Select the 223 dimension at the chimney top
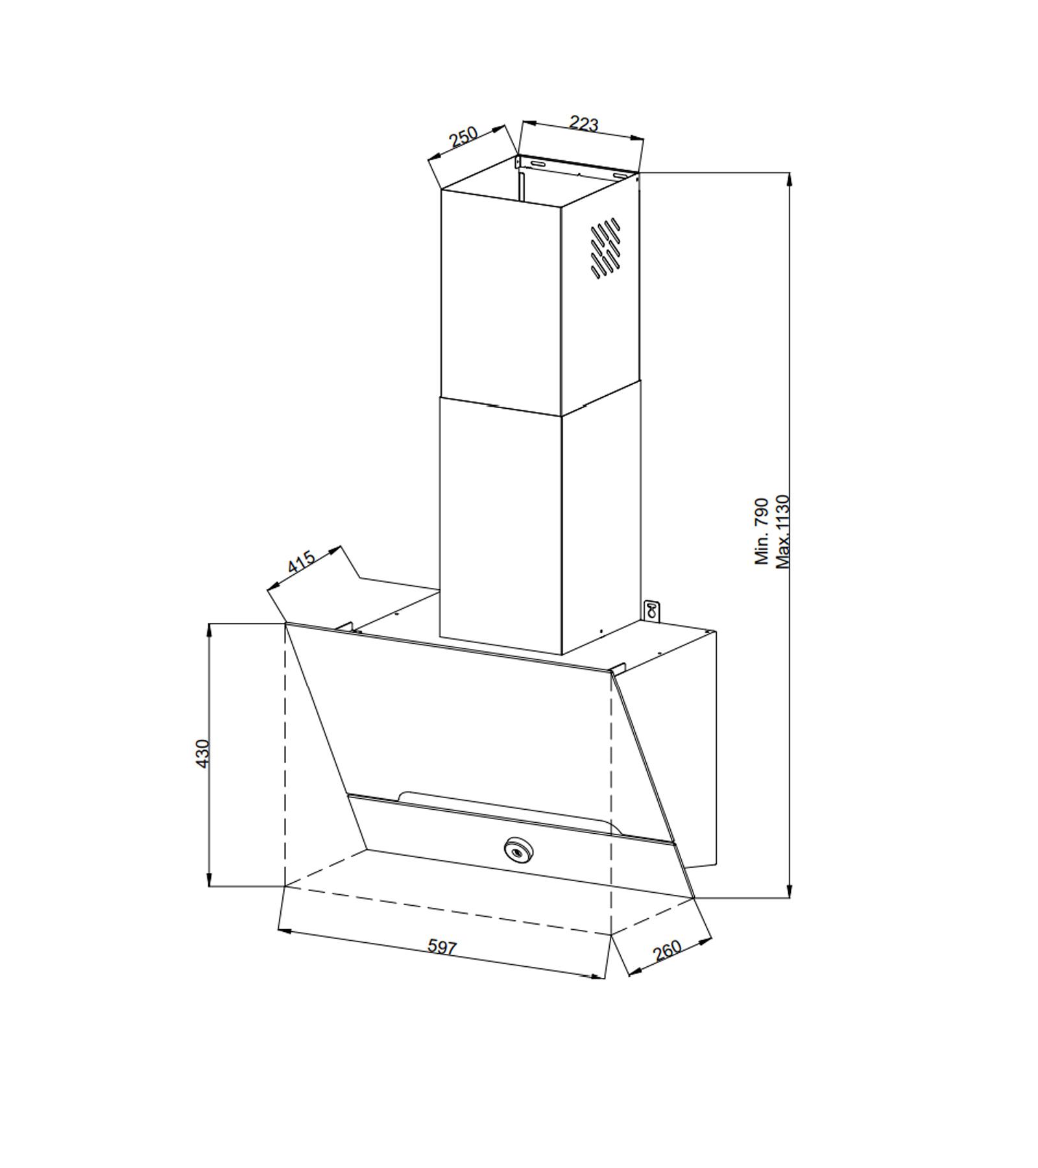pos(583,123)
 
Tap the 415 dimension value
pos(302,561)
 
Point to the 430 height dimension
pos(203,754)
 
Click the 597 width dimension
pos(442,947)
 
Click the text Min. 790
pos(762,531)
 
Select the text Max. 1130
pos(784,531)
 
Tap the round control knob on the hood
pos(517,849)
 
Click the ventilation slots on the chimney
pos(605,247)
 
